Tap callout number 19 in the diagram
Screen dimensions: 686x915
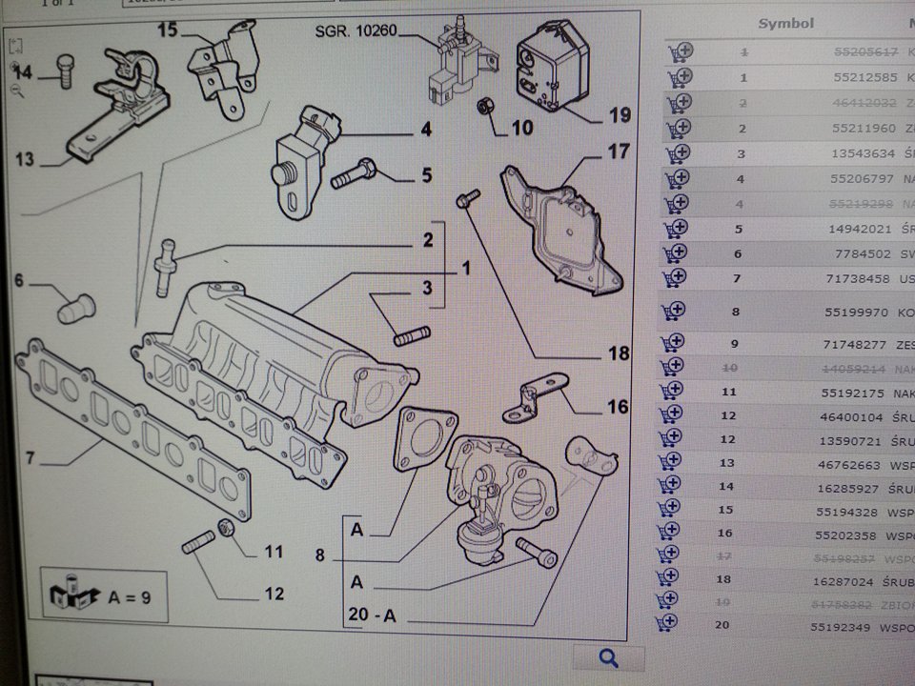[620, 115]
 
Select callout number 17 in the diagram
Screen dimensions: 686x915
[619, 151]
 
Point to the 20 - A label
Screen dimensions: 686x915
[372, 615]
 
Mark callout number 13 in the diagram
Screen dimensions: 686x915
[24, 158]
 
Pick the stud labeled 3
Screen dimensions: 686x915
[412, 334]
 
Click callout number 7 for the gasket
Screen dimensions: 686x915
[30, 458]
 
